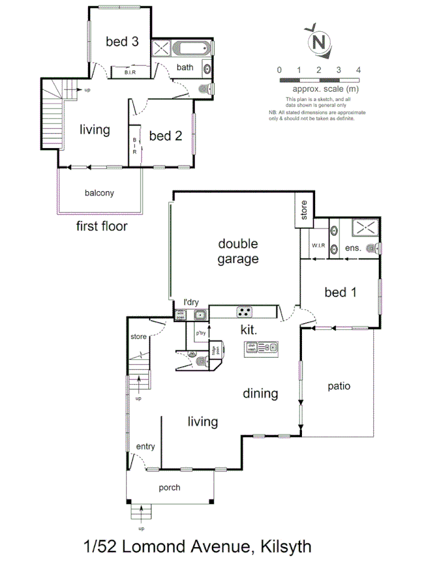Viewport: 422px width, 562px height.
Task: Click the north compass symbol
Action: pyautogui.click(x=318, y=41)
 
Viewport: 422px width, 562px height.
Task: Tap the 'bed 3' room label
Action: pyautogui.click(x=122, y=42)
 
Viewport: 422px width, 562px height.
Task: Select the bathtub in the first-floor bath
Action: pyautogui.click(x=193, y=49)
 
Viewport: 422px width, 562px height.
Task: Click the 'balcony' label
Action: pyautogui.click(x=99, y=193)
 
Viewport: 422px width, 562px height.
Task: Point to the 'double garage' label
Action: pyautogui.click(x=238, y=251)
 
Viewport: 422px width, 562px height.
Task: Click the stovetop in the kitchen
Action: pyautogui.click(x=244, y=311)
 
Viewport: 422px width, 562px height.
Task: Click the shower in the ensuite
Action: pyautogui.click(x=361, y=228)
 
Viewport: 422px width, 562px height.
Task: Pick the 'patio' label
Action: pyautogui.click(x=339, y=386)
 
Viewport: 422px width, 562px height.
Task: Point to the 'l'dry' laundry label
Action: pyautogui.click(x=191, y=302)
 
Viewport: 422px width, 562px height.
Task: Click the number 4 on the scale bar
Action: pyautogui.click(x=358, y=69)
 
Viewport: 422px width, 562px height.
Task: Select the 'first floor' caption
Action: pyautogui.click(x=101, y=226)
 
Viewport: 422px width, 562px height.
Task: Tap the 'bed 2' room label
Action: pyautogui.click(x=166, y=136)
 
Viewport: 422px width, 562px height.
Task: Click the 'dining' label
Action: pyautogui.click(x=261, y=393)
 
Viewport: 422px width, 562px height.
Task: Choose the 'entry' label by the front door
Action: pyautogui.click(x=145, y=446)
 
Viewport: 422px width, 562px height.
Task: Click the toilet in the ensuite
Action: pyautogui.click(x=373, y=249)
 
